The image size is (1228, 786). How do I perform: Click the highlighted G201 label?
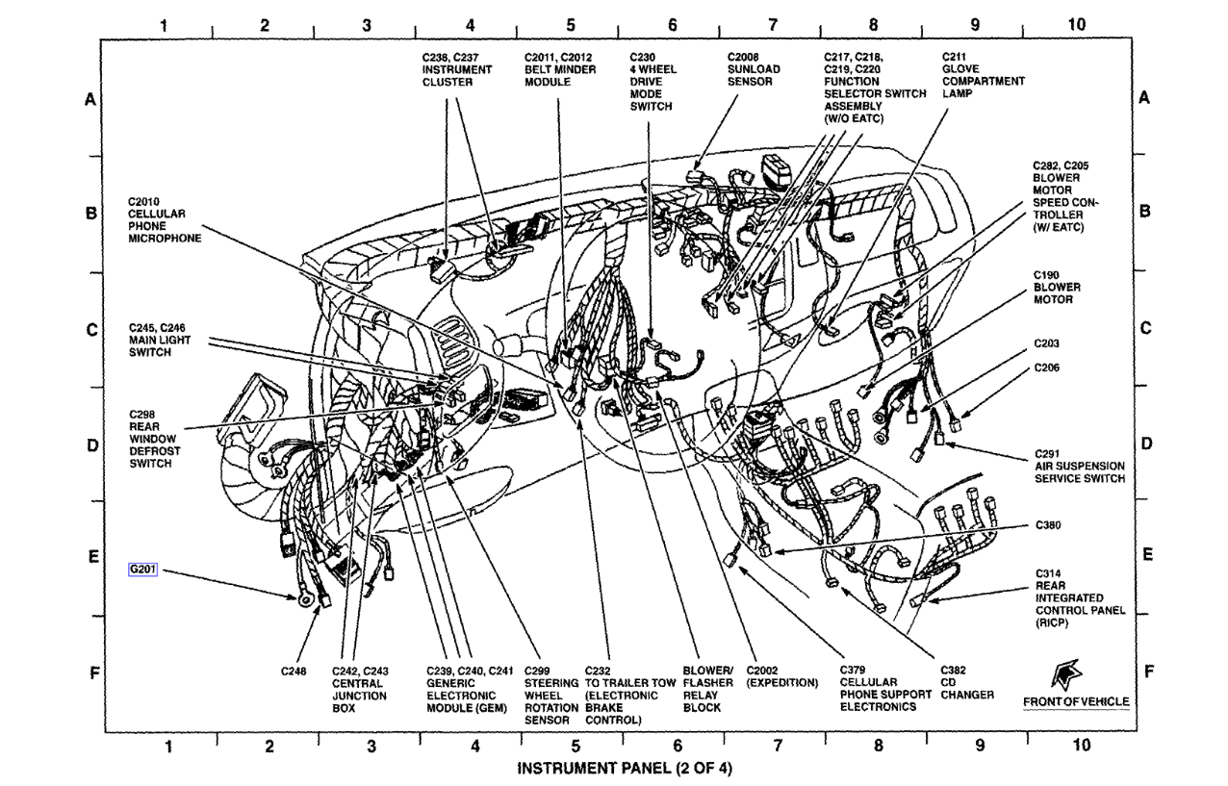[142, 569]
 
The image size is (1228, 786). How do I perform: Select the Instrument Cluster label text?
[457, 70]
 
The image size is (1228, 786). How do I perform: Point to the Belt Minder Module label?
[561, 70]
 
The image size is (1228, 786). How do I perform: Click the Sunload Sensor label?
[754, 70]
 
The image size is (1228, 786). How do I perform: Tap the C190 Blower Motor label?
[1057, 287]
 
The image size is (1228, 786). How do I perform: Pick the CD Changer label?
[966, 682]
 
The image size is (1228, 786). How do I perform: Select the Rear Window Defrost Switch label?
[155, 439]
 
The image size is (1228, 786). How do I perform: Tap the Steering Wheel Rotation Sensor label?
[551, 695]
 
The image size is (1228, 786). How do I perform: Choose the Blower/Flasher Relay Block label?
[708, 689]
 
